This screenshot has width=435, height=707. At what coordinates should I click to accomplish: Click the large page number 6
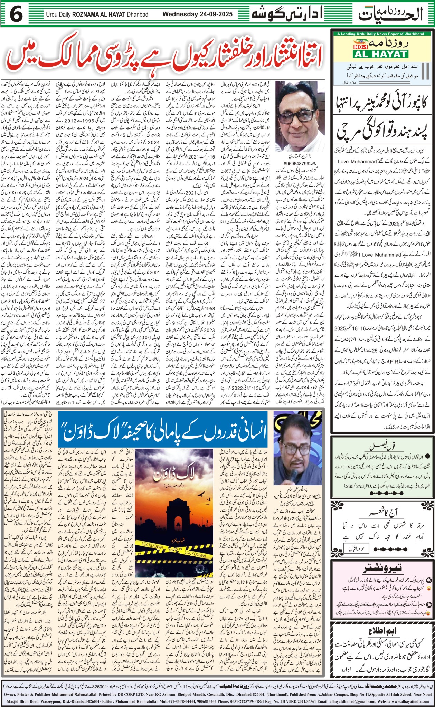pos(17,15)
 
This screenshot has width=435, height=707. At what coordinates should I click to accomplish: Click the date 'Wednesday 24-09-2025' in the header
pos(197,15)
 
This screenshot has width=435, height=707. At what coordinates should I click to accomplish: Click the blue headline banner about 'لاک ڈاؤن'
pos(162,433)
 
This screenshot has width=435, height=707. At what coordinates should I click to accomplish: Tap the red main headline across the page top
pos(164,58)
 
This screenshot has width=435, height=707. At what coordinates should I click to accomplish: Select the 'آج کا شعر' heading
pos(382,513)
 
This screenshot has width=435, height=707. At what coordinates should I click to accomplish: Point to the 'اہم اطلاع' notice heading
pos(382,630)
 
